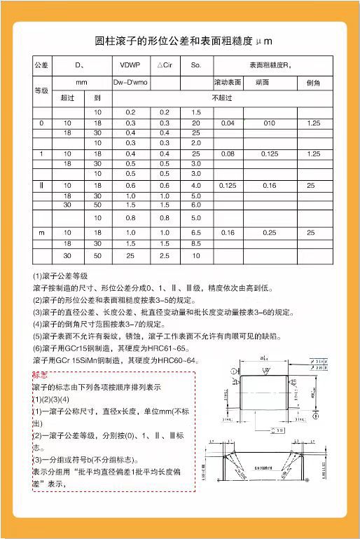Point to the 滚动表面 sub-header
click(x=228, y=83)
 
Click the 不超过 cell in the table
click(x=221, y=97)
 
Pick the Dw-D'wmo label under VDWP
click(x=130, y=83)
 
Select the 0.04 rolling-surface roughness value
click(x=228, y=123)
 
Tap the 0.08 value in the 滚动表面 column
click(x=228, y=153)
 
